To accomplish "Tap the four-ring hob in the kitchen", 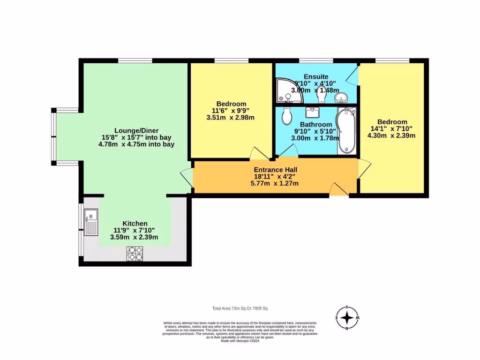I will (x=135, y=254).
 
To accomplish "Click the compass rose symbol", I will (x=347, y=318).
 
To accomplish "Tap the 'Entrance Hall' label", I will (x=275, y=170).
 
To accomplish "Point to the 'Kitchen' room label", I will (x=135, y=224).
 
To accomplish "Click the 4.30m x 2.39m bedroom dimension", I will (x=391, y=135).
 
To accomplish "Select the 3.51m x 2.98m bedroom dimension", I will (x=230, y=118).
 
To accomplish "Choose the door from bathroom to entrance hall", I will (x=288, y=151).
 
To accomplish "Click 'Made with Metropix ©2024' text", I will (x=240, y=341).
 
